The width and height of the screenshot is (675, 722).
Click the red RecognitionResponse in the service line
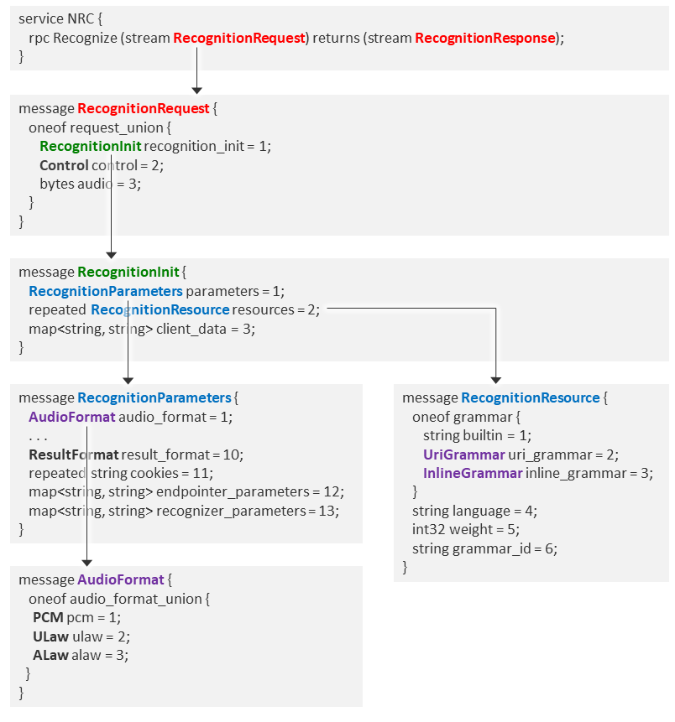pos(484,38)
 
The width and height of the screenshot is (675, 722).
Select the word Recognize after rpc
pos(82,38)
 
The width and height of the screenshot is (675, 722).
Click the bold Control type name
pos(64,165)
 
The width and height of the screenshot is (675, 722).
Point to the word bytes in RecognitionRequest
pos(56,184)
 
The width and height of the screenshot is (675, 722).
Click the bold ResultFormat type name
pos(73,454)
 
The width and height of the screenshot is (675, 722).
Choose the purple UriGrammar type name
pos(463,454)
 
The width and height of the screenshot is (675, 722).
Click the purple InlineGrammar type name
pos(473,473)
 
